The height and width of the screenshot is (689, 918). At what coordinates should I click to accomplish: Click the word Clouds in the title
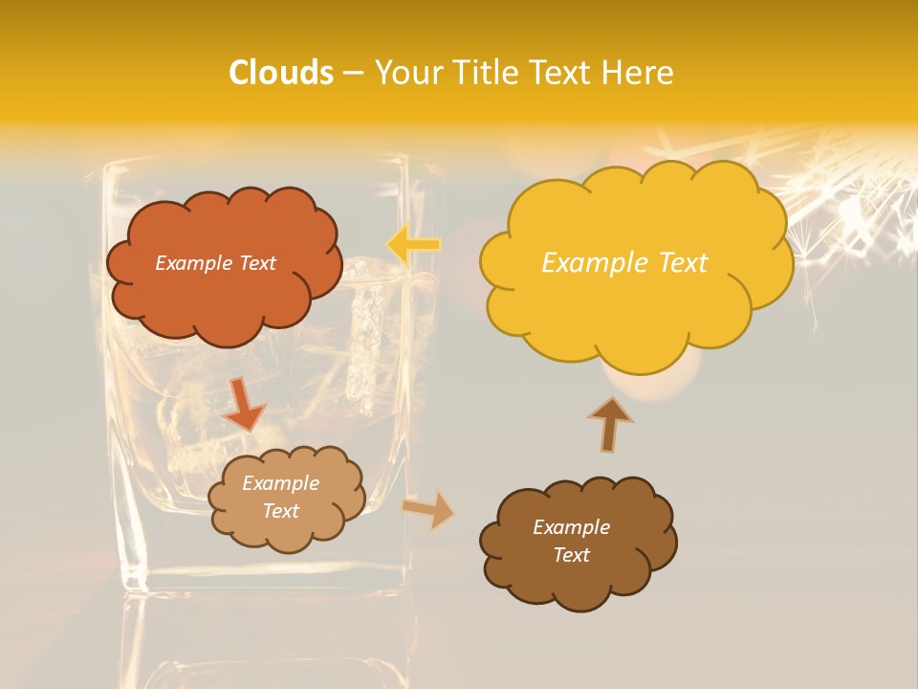[281, 73]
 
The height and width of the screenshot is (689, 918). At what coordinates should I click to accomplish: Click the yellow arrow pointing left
[413, 245]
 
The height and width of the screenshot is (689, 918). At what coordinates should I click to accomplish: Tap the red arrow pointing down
[243, 404]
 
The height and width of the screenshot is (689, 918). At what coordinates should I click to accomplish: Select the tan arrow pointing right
[429, 510]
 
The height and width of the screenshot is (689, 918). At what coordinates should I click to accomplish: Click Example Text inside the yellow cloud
[624, 263]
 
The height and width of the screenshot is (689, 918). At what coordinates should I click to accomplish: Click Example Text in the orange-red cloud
[215, 263]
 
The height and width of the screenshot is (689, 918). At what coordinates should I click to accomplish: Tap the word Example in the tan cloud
[280, 484]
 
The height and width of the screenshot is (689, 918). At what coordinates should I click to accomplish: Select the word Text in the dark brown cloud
[571, 555]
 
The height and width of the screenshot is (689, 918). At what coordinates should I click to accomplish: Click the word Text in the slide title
[562, 73]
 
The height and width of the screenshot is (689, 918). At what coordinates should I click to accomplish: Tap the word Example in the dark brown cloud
[571, 527]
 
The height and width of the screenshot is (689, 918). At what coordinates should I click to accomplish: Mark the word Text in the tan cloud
[280, 511]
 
